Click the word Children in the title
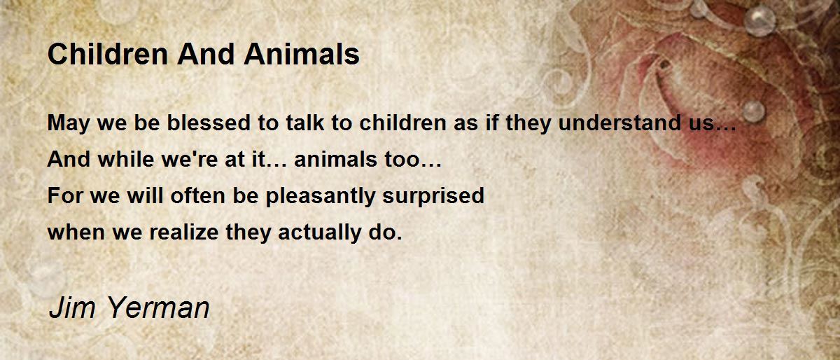108,54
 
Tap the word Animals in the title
302,54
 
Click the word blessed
209,123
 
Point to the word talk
305,123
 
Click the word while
126,159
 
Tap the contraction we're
190,159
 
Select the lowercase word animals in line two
335,159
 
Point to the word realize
183,232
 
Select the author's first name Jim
72,307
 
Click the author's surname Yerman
158,307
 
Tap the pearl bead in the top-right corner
759,21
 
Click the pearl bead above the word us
753,111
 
